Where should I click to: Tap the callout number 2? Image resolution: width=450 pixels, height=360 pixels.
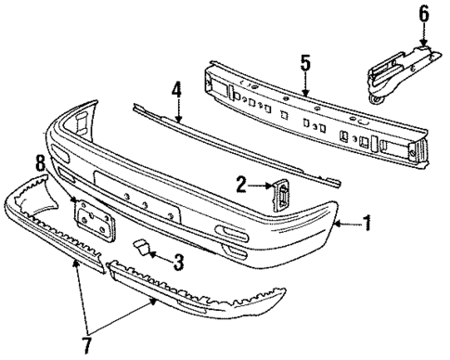pos(239,186)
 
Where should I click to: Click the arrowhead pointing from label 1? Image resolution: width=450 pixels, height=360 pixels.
pos(338,224)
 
